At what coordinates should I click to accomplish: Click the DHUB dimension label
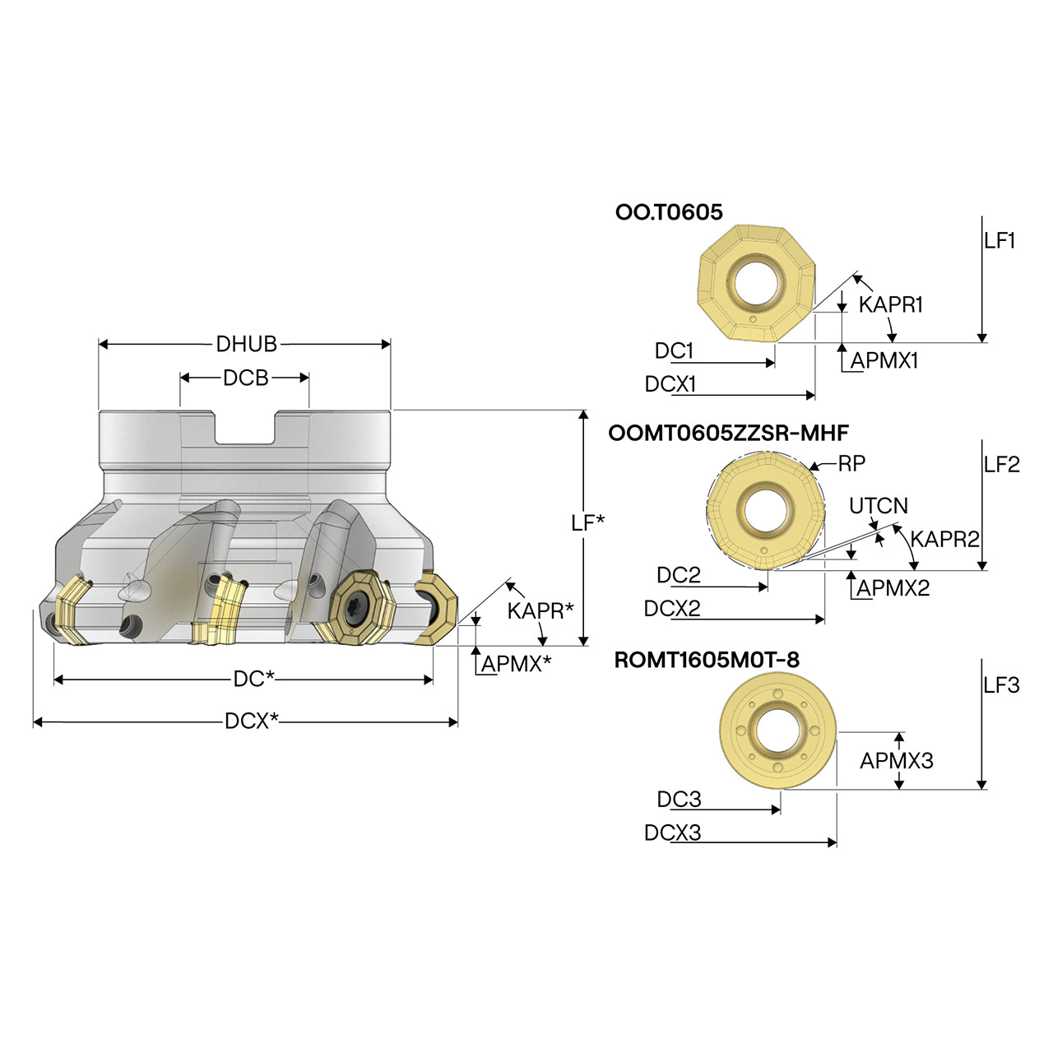[x=247, y=344]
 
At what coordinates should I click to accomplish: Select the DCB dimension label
[x=245, y=378]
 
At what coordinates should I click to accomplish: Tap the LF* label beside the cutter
[x=588, y=523]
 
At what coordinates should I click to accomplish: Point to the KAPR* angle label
[x=540, y=610]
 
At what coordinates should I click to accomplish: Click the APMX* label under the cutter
[x=517, y=663]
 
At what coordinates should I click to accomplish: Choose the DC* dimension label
[x=253, y=679]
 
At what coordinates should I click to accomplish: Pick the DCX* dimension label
[x=252, y=721]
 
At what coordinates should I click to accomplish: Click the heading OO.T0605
[x=668, y=212]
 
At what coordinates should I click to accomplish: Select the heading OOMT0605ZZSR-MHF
[x=728, y=433]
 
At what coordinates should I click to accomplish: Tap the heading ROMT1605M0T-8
[x=707, y=660]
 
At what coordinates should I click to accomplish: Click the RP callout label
[x=852, y=463]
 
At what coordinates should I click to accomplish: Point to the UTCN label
[x=878, y=505]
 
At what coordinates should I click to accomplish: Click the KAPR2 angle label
[x=944, y=540]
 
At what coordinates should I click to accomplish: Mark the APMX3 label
[x=897, y=760]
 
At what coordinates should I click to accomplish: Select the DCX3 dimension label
[x=672, y=833]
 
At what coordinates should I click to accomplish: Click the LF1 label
[x=1000, y=240]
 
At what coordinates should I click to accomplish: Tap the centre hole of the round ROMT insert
[x=777, y=730]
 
